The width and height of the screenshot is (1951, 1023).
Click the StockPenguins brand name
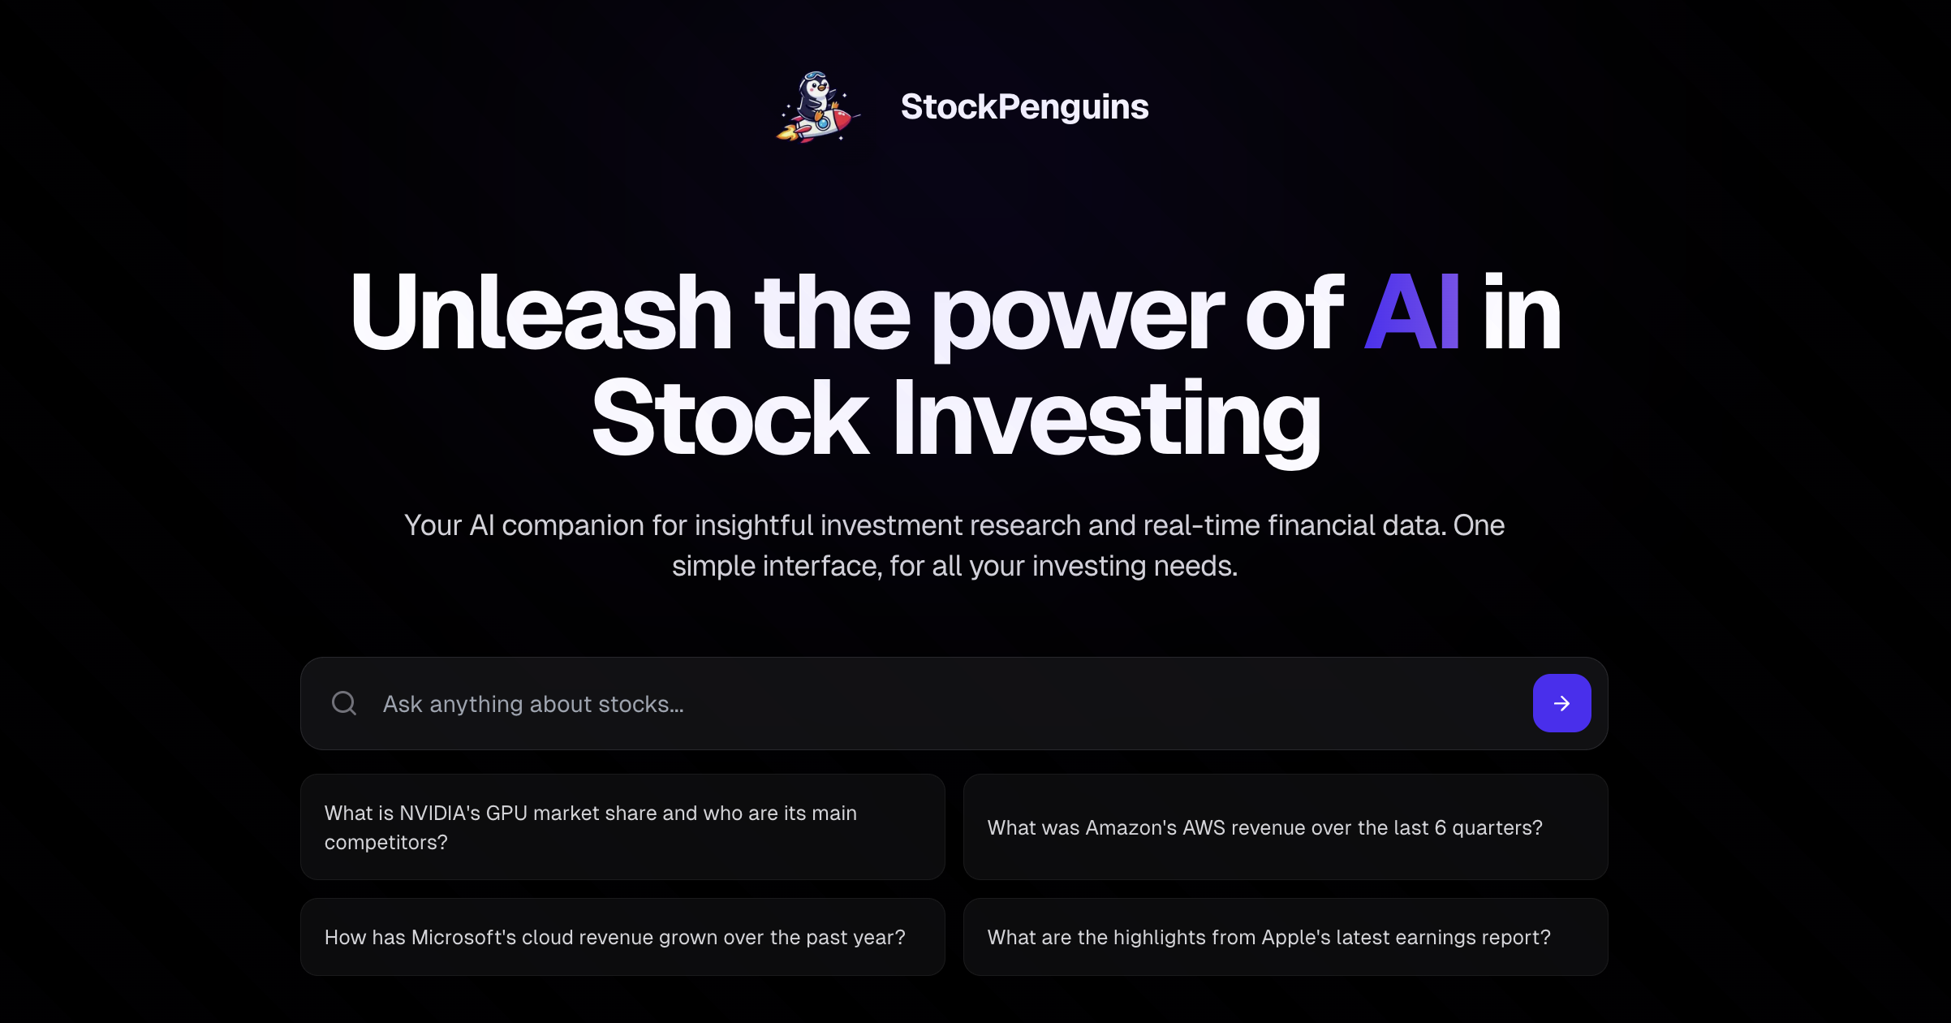click(1024, 107)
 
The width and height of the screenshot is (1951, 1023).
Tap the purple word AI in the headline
click(1412, 313)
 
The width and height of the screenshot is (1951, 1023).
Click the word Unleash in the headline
click(541, 313)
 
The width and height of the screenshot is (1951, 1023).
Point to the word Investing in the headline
click(1107, 419)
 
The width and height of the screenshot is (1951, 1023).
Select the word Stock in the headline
click(730, 419)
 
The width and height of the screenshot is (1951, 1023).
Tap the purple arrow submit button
click(1561, 703)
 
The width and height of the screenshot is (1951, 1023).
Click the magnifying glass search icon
click(344, 703)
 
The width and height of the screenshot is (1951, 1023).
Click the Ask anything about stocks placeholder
click(533, 704)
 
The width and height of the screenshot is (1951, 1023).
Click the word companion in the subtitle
click(573, 526)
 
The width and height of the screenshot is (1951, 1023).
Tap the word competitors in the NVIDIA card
click(385, 843)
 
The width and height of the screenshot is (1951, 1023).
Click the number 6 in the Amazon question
click(1440, 828)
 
